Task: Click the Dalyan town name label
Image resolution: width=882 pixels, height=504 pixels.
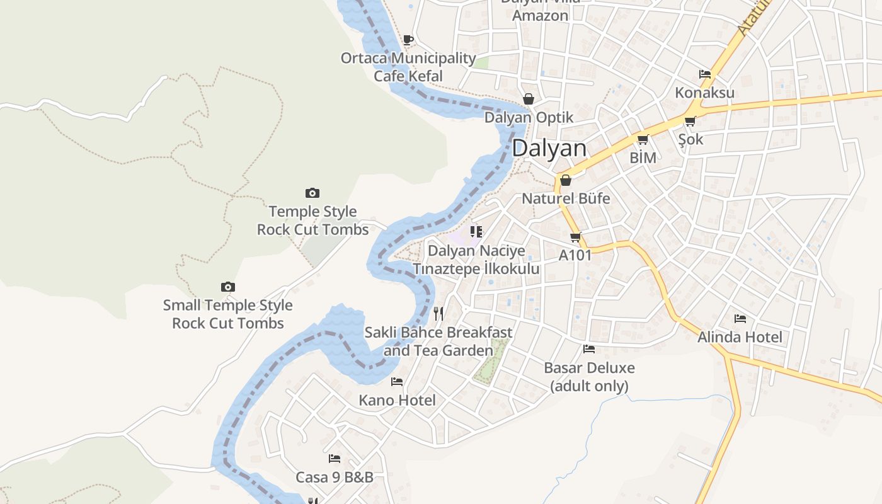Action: tap(549, 149)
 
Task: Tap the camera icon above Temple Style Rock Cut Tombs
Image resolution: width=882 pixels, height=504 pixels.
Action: tap(312, 193)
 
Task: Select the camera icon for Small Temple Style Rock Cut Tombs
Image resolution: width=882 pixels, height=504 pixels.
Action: tap(228, 287)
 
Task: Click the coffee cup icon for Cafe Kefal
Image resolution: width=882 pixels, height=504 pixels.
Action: tap(408, 40)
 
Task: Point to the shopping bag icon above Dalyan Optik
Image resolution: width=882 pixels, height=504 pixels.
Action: tap(529, 99)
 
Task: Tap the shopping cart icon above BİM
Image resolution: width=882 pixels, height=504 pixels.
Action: tap(643, 139)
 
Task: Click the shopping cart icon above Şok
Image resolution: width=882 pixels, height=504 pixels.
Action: tap(690, 121)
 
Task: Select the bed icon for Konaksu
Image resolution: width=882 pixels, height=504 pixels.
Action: tap(705, 74)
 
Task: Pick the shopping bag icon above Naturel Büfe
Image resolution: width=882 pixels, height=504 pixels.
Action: tap(566, 180)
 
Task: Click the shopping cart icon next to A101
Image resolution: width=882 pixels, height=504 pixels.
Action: tap(575, 238)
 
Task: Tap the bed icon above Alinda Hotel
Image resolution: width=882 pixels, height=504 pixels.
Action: tap(740, 318)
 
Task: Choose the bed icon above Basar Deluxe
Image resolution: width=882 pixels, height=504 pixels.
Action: tap(589, 348)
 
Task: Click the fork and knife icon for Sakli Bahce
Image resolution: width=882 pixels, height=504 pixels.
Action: tap(438, 313)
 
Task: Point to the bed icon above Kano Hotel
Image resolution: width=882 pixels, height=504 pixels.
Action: tap(397, 381)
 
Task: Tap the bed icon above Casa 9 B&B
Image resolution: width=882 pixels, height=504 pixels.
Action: tap(335, 459)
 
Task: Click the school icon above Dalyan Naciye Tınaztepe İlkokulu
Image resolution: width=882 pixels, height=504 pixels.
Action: tap(476, 232)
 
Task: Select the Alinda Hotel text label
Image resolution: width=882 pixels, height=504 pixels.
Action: tap(740, 337)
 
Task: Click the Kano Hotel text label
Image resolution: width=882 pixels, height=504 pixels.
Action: tap(397, 400)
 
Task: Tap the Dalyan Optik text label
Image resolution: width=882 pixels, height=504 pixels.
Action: tap(529, 118)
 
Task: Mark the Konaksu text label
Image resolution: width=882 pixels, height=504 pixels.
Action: tap(704, 93)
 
